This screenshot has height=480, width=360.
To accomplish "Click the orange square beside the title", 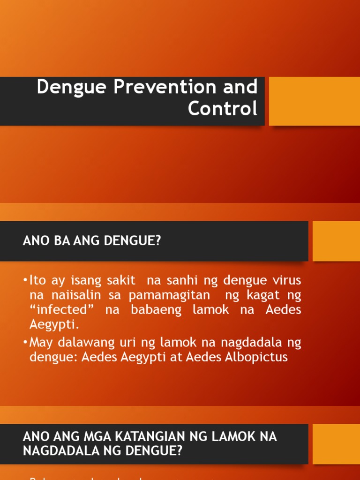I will click(314, 101).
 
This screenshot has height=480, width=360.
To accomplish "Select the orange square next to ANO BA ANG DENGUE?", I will click(336, 241).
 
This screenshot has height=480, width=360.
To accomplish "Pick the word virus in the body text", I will click(285, 281).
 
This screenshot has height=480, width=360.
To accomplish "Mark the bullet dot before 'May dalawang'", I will click(25, 343).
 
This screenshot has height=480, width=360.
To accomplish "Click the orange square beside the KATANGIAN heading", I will click(336, 444).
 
